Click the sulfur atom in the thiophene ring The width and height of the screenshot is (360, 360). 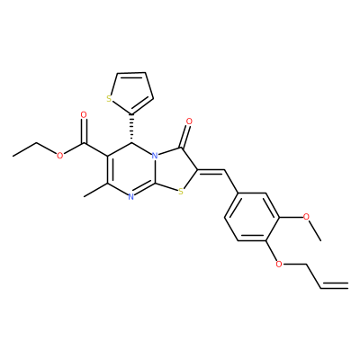click(109, 98)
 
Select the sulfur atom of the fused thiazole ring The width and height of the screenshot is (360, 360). click(180, 191)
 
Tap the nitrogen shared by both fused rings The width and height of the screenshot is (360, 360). click(155, 156)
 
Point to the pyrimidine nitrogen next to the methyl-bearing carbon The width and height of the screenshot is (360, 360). click(130, 197)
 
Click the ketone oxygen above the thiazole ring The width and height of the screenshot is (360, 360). click(189, 121)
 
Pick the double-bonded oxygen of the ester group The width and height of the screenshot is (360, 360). click(84, 115)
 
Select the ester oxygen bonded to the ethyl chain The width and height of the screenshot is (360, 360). click(60, 156)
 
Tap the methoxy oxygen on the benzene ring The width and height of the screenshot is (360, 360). click(306, 217)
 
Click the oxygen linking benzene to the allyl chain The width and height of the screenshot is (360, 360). click(279, 265)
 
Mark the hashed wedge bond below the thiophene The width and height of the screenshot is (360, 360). click(131, 129)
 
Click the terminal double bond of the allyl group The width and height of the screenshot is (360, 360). click(335, 285)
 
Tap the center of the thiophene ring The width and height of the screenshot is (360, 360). click(130, 91)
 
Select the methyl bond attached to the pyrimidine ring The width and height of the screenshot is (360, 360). click(95, 190)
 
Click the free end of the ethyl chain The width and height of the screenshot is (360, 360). click(13, 156)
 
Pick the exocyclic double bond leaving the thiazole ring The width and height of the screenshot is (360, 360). click(211, 171)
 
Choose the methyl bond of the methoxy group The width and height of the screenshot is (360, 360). click(315, 231)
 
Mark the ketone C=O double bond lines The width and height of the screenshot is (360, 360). click(185, 136)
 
